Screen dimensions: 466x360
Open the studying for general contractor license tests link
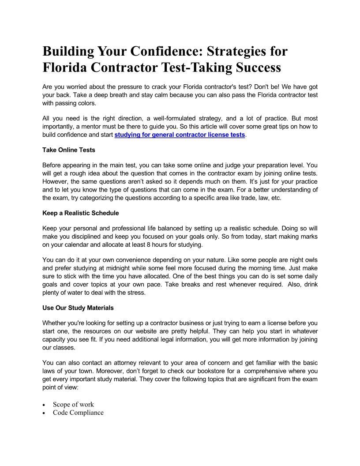pyautogui.click(x=180, y=135)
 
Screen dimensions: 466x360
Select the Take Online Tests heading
pyautogui.click(x=69, y=150)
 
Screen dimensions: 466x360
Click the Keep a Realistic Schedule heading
pyautogui.click(x=81, y=213)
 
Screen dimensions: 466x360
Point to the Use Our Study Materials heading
pyautogui.click(x=78, y=308)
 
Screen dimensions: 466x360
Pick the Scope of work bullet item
pyautogui.click(x=73, y=404)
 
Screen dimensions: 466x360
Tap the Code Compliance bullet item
pyautogui.click(x=78, y=413)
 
